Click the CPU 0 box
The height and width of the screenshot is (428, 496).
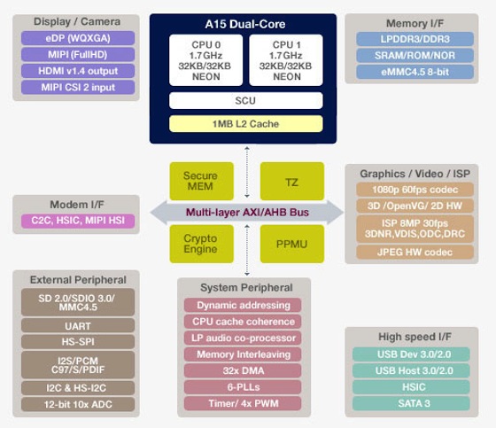click(x=205, y=60)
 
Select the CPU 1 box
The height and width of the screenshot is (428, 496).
click(x=286, y=60)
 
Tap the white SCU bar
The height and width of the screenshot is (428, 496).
click(x=246, y=101)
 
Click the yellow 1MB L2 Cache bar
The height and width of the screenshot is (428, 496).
click(x=246, y=124)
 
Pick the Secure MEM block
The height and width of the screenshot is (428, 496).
click(x=202, y=181)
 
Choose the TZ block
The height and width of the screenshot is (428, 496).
click(x=292, y=181)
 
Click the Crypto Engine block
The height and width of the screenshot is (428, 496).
click(x=202, y=244)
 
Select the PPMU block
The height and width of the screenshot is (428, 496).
click(x=292, y=244)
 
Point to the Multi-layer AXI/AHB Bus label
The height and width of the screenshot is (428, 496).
click(x=247, y=212)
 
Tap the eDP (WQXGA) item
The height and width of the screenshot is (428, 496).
click(x=78, y=38)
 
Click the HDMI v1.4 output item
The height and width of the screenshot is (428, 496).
click(x=78, y=71)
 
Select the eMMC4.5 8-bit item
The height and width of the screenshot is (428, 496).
click(x=415, y=72)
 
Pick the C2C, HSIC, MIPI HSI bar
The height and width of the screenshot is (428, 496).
click(x=78, y=221)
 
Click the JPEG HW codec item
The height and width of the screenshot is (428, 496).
click(x=415, y=252)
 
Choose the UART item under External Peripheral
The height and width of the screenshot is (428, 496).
click(x=78, y=326)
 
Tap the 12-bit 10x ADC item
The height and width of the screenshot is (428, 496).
click(x=78, y=404)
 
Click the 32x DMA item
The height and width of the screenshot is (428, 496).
click(x=243, y=370)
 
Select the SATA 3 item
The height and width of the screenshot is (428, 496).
click(x=411, y=403)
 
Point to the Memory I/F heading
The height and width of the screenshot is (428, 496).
click(x=415, y=23)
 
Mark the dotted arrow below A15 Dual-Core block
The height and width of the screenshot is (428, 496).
click(x=247, y=172)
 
